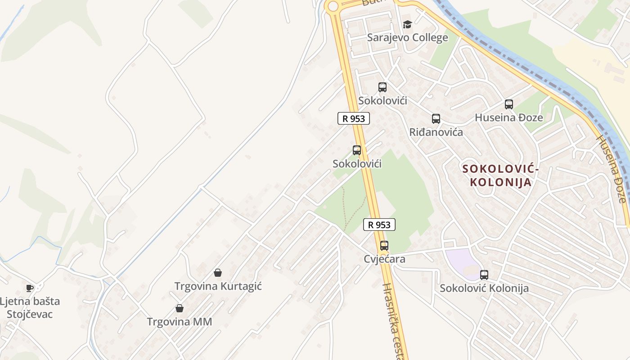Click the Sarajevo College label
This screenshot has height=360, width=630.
point(407,37)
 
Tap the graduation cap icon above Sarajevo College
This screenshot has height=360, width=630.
point(407,24)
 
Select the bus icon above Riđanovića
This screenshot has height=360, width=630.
point(436,119)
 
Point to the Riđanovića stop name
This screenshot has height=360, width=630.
point(436,132)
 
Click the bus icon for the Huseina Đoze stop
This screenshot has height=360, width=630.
point(509,104)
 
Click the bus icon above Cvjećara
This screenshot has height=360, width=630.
point(384,246)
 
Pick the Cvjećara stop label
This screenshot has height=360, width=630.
point(384,259)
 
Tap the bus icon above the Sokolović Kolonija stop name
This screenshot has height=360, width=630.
point(484,274)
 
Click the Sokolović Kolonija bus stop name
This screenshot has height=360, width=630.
point(484,288)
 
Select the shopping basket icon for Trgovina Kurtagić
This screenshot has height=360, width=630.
point(218,273)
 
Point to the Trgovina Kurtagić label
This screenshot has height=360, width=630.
point(218,286)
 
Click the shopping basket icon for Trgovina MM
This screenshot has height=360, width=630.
point(180,308)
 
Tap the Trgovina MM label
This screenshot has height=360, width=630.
point(180,322)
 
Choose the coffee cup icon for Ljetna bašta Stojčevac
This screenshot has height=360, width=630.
point(30,288)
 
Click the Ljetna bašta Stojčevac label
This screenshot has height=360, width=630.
point(30,307)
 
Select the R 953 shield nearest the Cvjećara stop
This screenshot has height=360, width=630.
point(379,225)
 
